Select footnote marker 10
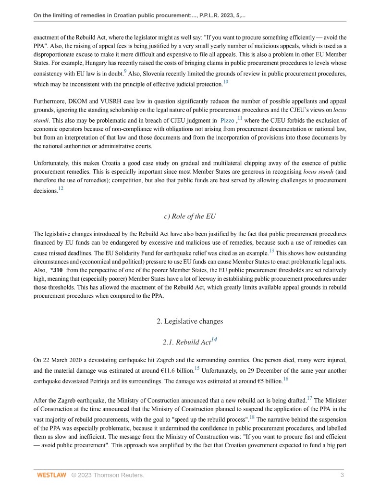pyautogui.click(x=226, y=82)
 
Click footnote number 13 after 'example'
pyautogui.click(x=271, y=250)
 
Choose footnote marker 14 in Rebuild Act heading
pyautogui.click(x=214, y=340)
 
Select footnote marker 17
pyautogui.click(x=309, y=398)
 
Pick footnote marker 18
pyautogui.click(x=252, y=417)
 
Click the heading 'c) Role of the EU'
pyautogui.click(x=190, y=216)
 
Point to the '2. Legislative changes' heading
pyautogui.click(x=190, y=321)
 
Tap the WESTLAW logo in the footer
pyautogui.click(x=51, y=476)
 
